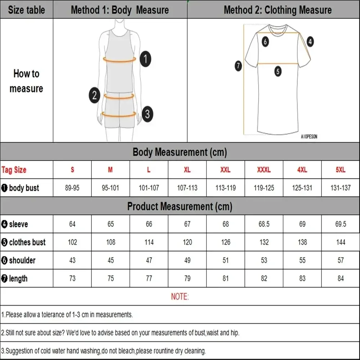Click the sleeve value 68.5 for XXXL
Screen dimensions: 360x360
(264, 224)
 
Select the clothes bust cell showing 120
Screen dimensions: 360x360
(187, 242)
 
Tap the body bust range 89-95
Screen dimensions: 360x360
(72, 188)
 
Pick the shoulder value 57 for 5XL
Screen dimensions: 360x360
(341, 260)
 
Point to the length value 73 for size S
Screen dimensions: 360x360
(72, 278)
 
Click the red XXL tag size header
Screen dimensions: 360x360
(225, 170)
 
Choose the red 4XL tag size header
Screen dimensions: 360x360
(302, 170)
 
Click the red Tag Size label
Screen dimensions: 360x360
(14, 170)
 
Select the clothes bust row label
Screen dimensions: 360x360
(24, 242)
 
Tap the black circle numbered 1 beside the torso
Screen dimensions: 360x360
(145, 59)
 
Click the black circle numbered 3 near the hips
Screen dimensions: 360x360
(147, 114)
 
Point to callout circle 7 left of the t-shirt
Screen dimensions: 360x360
(238, 66)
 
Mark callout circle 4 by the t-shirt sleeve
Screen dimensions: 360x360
(310, 41)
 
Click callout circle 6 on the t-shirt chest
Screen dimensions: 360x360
(265, 41)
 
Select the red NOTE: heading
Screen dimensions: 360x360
(180, 297)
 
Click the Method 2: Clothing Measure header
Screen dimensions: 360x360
(278, 10)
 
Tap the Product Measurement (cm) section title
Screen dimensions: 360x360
(180, 206)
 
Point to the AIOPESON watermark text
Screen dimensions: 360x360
(309, 137)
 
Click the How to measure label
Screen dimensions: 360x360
(26, 81)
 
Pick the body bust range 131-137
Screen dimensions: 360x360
(341, 188)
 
